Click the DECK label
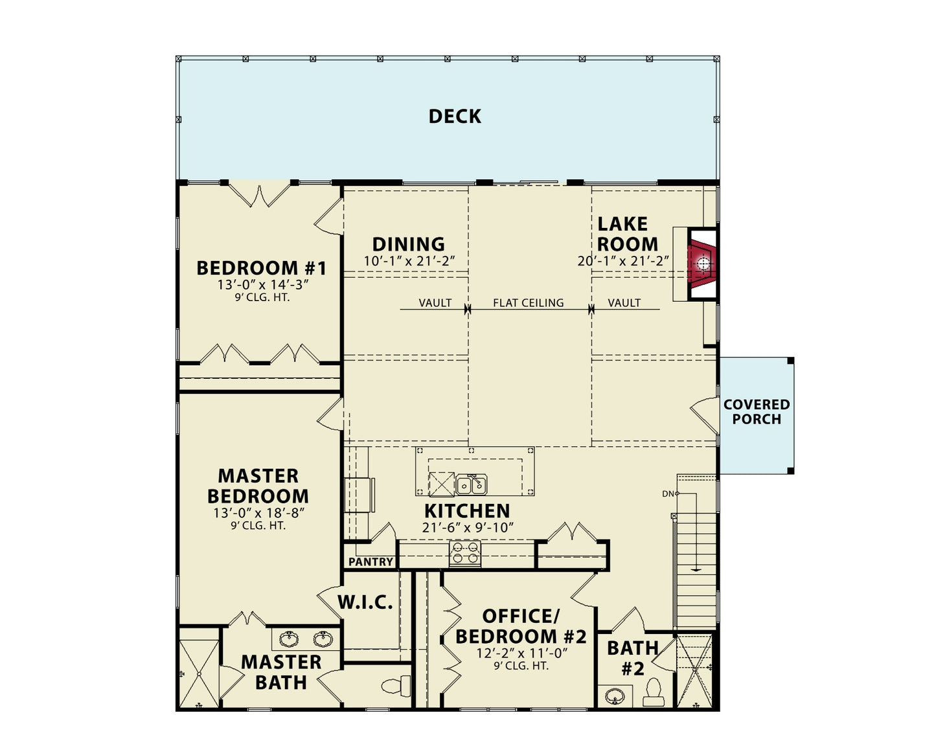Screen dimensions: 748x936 (455, 117)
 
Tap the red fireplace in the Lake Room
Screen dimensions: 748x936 (702, 264)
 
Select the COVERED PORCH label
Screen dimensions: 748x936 (756, 412)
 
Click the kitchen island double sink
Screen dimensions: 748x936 (471, 484)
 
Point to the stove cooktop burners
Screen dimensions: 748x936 (465, 552)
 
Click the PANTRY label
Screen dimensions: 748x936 (371, 561)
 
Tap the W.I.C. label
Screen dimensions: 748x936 (365, 602)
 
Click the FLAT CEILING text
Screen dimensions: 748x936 (528, 302)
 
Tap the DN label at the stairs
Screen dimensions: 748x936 (668, 493)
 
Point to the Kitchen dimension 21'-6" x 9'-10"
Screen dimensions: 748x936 (467, 528)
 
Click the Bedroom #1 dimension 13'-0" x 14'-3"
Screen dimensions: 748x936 (262, 285)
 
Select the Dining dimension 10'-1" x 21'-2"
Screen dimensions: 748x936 (409, 261)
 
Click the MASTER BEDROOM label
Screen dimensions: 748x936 (258, 486)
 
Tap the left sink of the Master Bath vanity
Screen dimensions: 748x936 (289, 640)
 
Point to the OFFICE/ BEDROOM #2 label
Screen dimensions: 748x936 (520, 626)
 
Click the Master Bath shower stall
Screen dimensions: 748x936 (199, 674)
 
